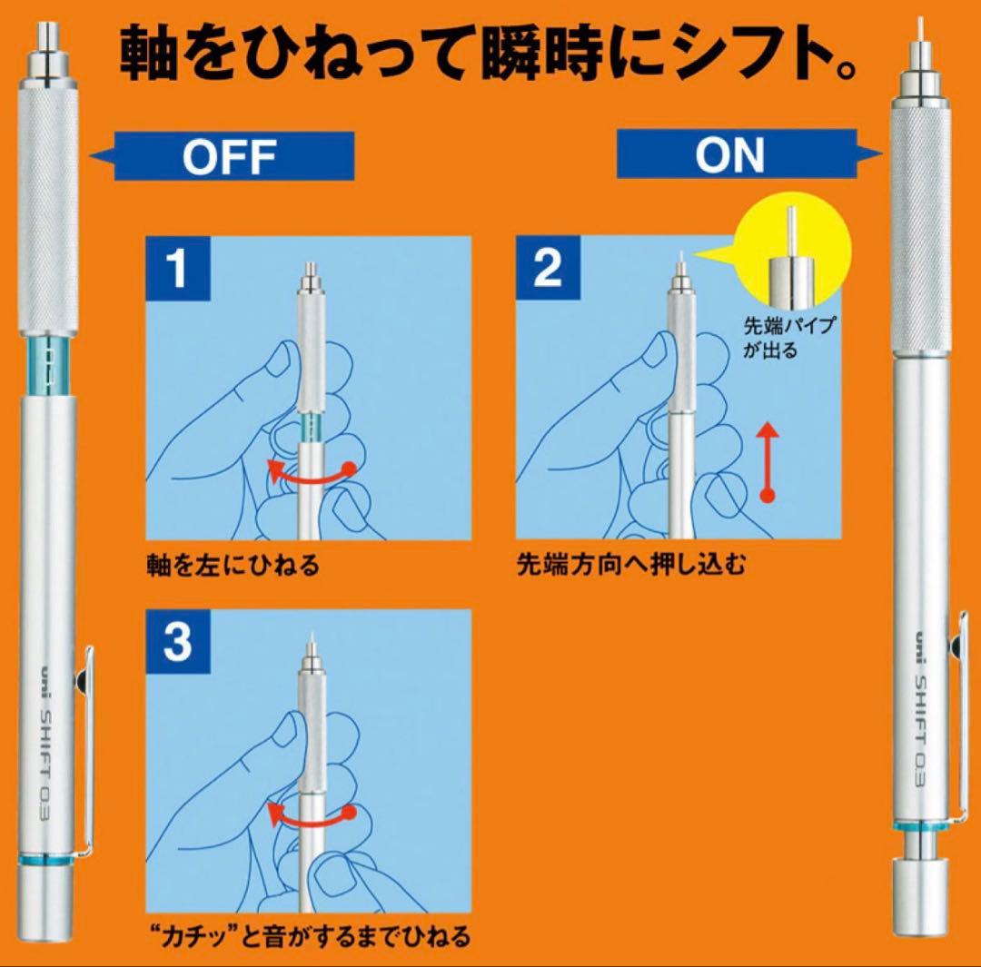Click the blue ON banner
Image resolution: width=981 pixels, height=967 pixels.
click(x=745, y=153)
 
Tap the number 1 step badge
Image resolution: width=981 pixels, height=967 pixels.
click(x=178, y=269)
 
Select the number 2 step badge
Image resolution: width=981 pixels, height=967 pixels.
click(x=548, y=269)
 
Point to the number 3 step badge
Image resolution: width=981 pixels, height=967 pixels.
click(x=178, y=642)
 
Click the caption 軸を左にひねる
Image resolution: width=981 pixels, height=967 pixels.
click(x=233, y=566)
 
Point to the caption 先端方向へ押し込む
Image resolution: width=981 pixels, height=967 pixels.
click(x=631, y=565)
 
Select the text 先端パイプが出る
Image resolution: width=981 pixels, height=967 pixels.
click(x=789, y=337)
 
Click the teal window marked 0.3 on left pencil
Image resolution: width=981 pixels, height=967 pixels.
click(x=52, y=366)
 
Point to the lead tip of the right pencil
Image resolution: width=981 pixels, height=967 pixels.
click(x=919, y=28)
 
